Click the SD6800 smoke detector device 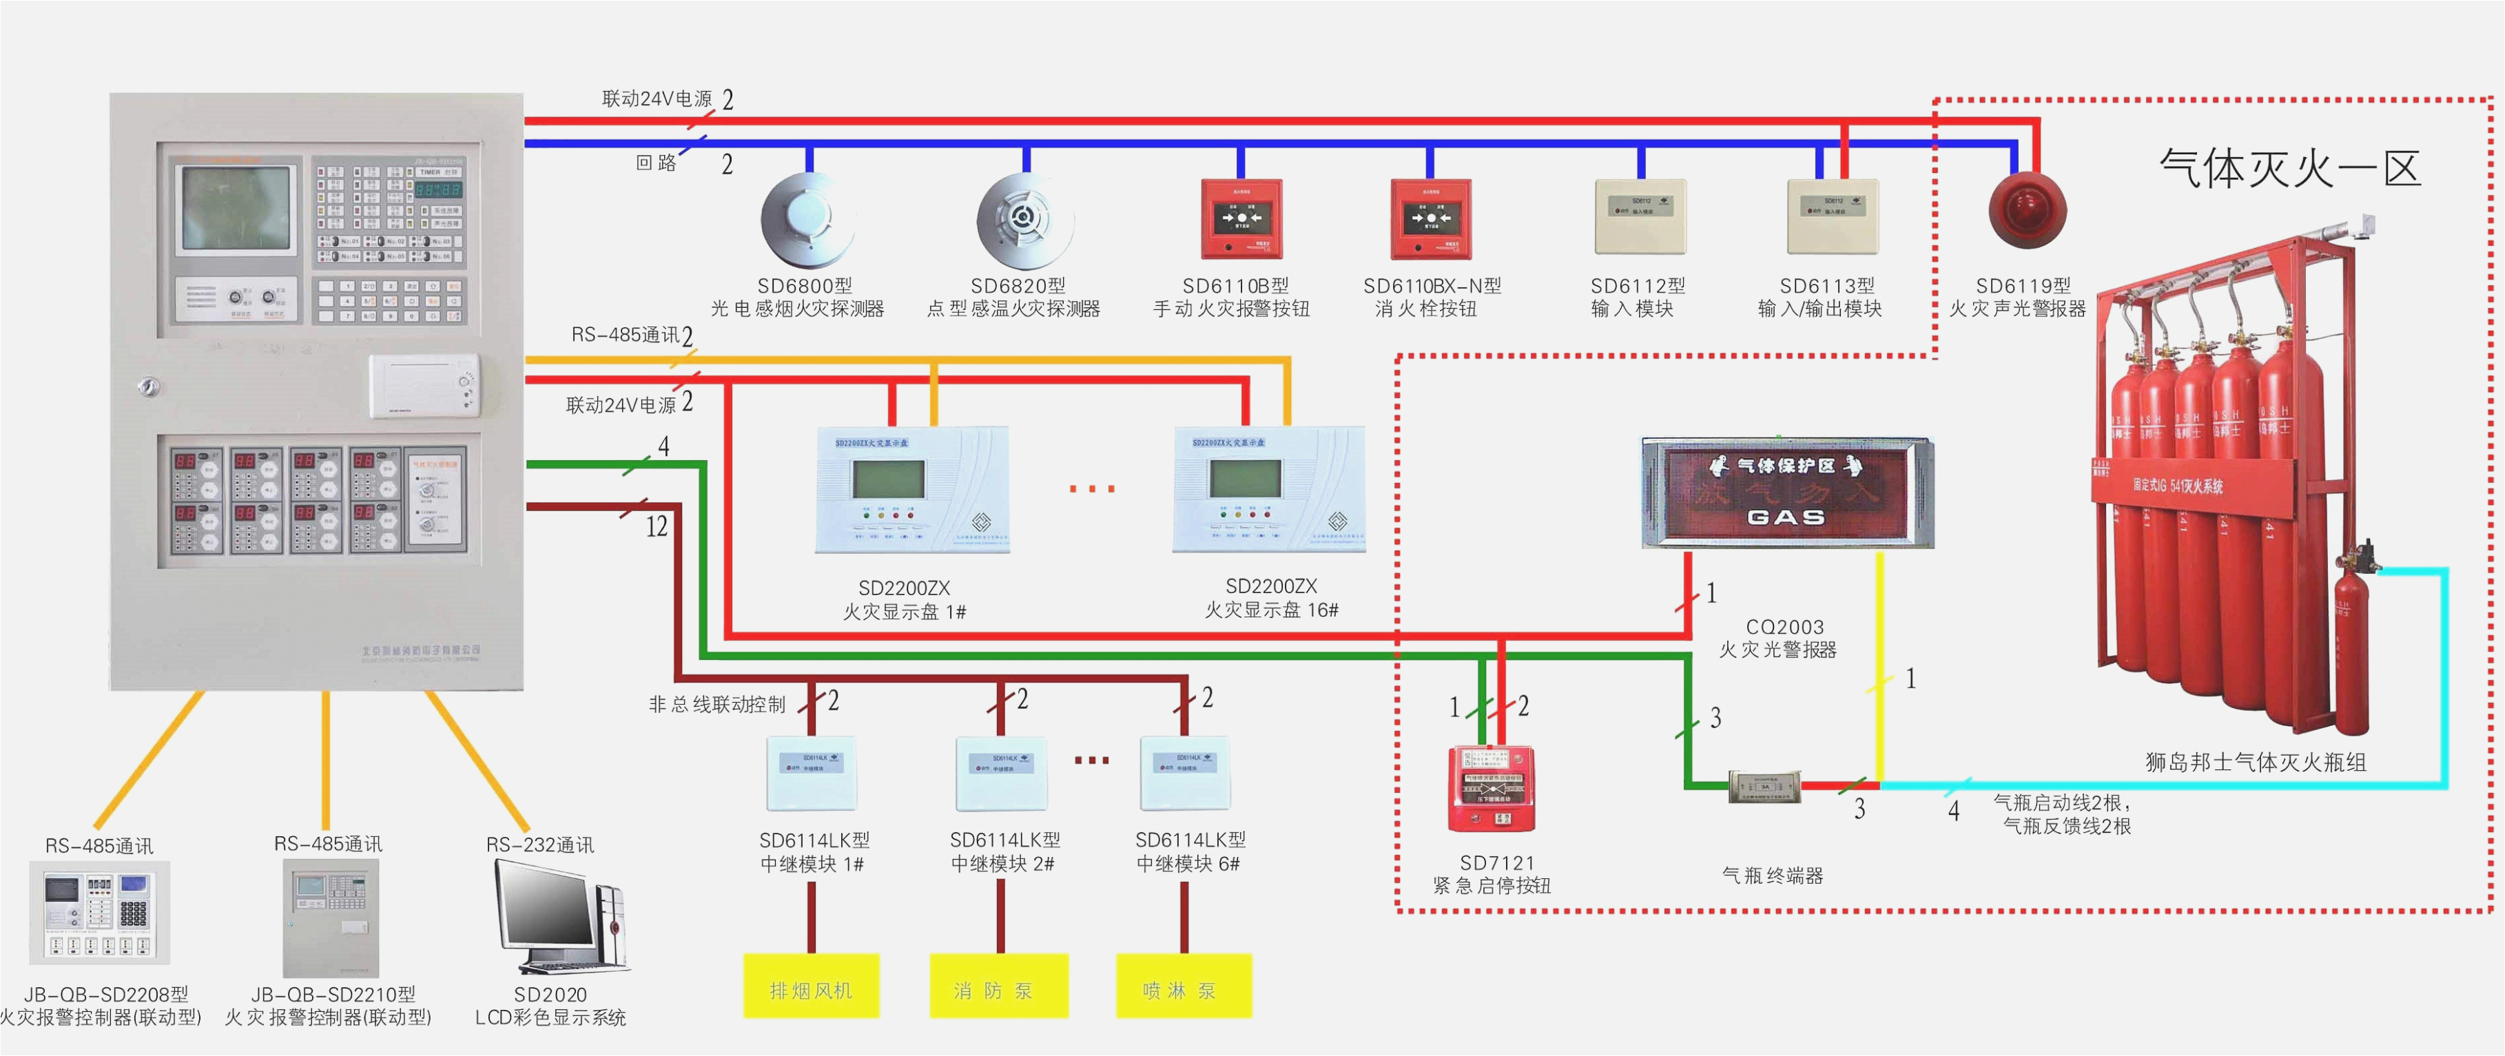(807, 220)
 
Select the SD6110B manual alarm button (1241, 219)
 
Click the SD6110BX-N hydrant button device (1430, 219)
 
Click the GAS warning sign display (1786, 494)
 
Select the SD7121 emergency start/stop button (1491, 789)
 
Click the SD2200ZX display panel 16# (1268, 489)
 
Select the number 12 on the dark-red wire (657, 526)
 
